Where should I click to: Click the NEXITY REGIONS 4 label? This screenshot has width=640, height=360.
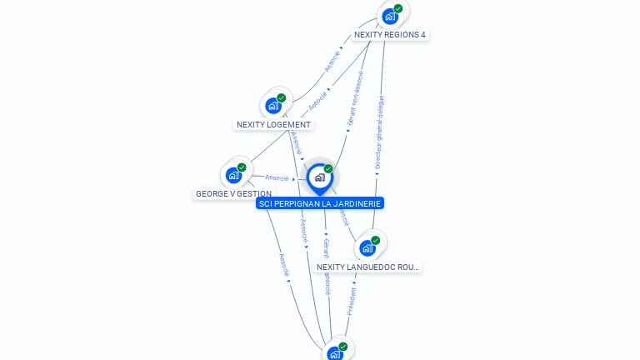coord(390,35)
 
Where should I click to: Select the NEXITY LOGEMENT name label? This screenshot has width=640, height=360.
coord(273,125)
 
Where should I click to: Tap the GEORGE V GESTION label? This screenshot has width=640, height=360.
coord(233,194)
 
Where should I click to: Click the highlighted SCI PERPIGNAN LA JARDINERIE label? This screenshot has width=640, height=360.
coord(320,203)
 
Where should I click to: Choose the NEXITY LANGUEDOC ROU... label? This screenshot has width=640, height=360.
coord(368,267)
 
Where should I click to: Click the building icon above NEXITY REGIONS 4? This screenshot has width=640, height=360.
coord(388,16)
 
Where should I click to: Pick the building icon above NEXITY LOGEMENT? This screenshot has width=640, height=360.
coord(272,106)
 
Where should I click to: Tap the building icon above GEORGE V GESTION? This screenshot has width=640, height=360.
coord(233,175)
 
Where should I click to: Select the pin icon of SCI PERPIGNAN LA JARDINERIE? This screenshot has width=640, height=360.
coord(318,177)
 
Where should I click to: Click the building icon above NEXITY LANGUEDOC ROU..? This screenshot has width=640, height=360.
coord(366,247)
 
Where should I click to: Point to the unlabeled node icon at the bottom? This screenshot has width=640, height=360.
coord(335,354)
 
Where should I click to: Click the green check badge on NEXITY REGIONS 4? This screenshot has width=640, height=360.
coord(398,8)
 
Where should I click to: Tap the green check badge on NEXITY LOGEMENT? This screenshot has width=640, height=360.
coord(282,97)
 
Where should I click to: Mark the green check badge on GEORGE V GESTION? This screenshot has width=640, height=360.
coord(242,167)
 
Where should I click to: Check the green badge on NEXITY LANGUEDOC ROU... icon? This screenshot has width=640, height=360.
coord(376,240)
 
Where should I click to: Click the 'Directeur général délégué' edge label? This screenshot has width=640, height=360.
coord(379,132)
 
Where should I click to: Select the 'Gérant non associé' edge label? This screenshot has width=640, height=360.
coord(354,97)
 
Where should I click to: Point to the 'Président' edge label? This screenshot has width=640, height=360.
coord(352,301)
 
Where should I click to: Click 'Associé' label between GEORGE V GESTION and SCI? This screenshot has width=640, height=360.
coord(277,177)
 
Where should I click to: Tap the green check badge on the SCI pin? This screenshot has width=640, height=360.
coord(328,168)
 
